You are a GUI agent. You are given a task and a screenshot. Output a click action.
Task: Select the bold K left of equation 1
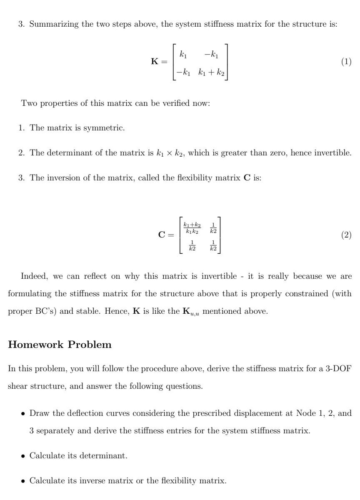click(x=155, y=62)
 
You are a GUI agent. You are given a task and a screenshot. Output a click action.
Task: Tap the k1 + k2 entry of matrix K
click(x=211, y=73)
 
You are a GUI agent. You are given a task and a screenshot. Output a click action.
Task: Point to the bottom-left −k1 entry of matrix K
click(x=183, y=73)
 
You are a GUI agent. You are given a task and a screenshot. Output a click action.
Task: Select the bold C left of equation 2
click(x=162, y=235)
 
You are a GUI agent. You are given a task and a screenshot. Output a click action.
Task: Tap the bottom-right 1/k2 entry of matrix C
click(x=213, y=245)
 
